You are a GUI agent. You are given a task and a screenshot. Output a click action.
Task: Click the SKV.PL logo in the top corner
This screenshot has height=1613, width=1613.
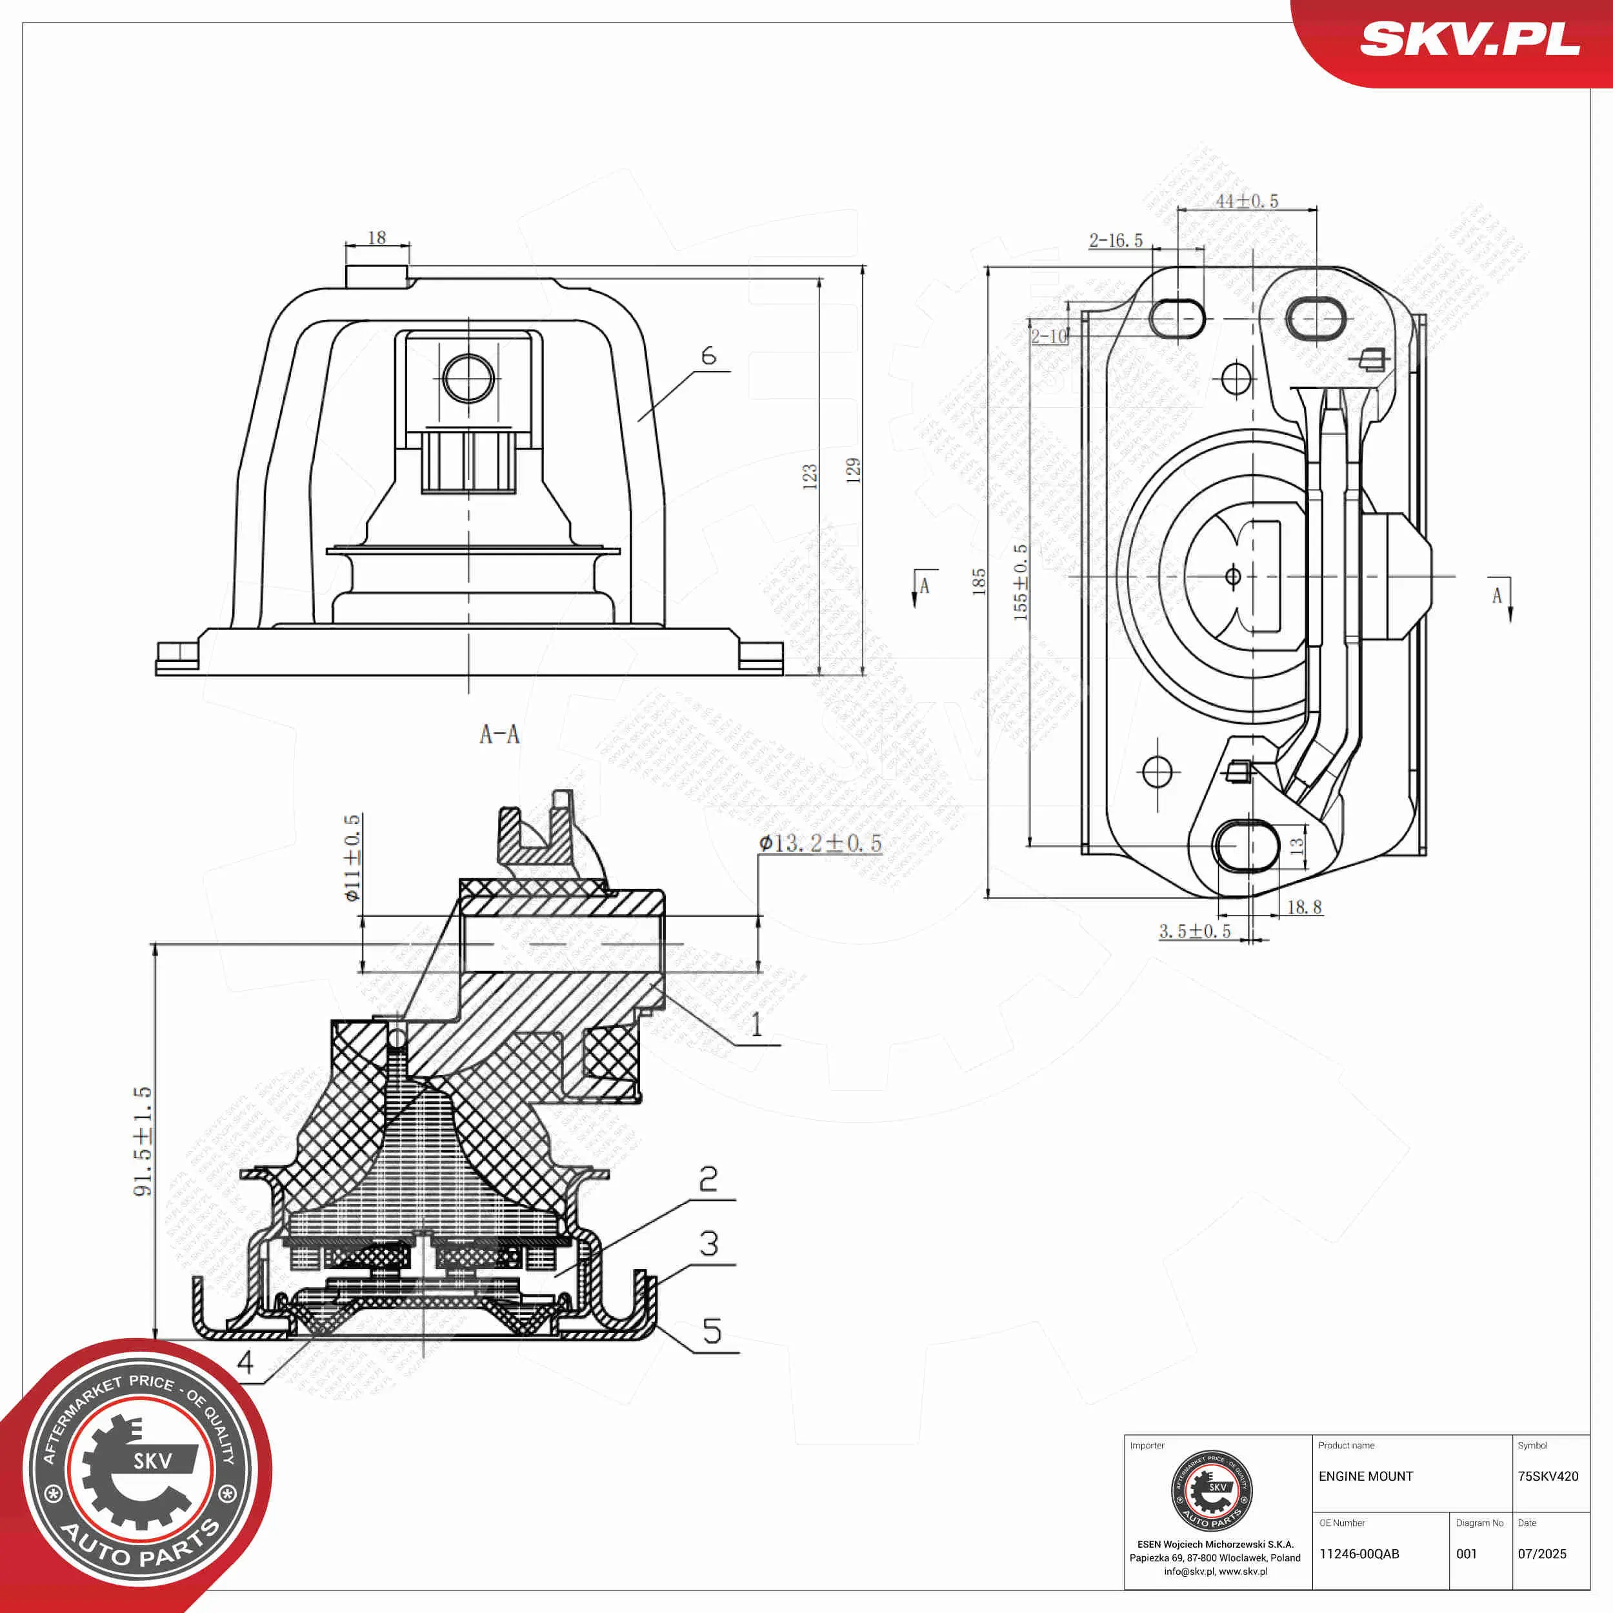click(x=1468, y=39)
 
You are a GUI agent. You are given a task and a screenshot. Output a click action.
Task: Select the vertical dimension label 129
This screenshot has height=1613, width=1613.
click(x=852, y=470)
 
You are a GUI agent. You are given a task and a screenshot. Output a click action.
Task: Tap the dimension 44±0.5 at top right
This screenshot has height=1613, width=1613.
click(x=1246, y=201)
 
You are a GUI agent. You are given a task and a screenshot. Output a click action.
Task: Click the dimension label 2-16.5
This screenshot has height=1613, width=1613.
click(x=1116, y=241)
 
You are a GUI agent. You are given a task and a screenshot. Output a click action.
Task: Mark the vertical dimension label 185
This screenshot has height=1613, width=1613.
click(x=979, y=581)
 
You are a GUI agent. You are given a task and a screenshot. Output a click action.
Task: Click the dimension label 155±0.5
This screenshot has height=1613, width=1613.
click(x=1020, y=582)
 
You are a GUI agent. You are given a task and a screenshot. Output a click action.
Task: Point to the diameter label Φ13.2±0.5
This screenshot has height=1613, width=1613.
click(x=820, y=843)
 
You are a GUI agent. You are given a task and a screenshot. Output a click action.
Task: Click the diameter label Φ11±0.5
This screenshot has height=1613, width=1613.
click(x=353, y=858)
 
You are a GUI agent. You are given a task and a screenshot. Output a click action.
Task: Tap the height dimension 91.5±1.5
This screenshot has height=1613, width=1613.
click(x=143, y=1141)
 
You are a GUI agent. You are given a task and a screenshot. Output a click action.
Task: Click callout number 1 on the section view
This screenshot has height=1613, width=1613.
click(x=756, y=1025)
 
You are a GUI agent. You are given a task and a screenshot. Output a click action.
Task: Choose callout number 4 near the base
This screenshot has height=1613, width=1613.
click(x=245, y=1363)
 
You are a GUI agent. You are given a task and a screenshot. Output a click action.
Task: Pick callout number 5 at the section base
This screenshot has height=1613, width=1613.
click(x=711, y=1331)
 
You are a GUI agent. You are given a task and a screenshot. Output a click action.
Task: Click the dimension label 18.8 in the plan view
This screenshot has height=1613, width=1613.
click(x=1304, y=907)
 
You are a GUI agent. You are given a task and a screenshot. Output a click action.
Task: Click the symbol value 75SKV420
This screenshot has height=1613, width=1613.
click(x=1548, y=1476)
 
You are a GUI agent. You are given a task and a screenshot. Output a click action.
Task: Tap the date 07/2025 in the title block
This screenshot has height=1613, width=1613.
click(x=1542, y=1554)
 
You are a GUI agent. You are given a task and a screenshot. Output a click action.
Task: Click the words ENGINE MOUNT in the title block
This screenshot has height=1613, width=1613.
click(x=1366, y=1476)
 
